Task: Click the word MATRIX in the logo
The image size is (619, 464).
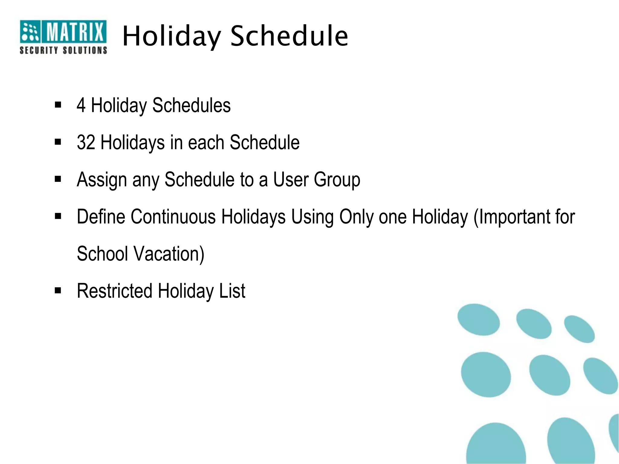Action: (75, 31)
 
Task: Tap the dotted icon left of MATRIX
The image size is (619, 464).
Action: (30, 31)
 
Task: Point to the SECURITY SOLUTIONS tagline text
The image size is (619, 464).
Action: (63, 50)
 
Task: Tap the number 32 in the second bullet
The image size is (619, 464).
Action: (86, 142)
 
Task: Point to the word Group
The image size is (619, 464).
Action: (337, 180)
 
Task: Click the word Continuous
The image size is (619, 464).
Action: (173, 217)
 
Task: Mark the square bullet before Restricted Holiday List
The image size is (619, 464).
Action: (58, 291)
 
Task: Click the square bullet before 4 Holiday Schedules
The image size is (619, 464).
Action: (58, 105)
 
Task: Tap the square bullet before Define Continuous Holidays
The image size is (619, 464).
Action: (58, 216)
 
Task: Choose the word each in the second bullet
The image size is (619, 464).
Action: (206, 142)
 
